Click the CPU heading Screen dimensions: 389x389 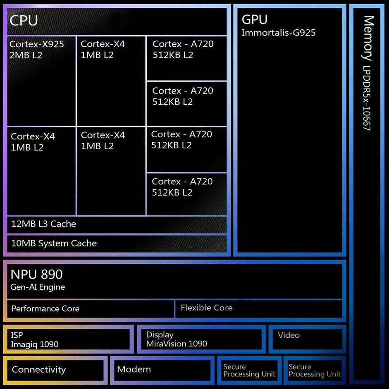pos(24,20)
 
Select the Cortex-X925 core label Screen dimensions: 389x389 pos(37,44)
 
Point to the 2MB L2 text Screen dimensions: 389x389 pos(26,55)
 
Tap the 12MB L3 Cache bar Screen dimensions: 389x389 pos(117,224)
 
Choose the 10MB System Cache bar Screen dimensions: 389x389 pos(117,243)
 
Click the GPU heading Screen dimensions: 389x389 pos(254,19)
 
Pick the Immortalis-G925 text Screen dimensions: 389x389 pos(278,32)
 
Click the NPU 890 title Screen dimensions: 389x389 pos(37,274)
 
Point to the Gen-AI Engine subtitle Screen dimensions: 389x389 pos(38,287)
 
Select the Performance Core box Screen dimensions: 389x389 pos(90,309)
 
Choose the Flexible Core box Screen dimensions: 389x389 pos(258,308)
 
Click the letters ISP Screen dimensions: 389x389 pos(17,335)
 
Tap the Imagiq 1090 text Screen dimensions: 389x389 pos(35,344)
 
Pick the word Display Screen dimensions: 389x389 pos(160,334)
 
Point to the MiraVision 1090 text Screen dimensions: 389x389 pos(177,344)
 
